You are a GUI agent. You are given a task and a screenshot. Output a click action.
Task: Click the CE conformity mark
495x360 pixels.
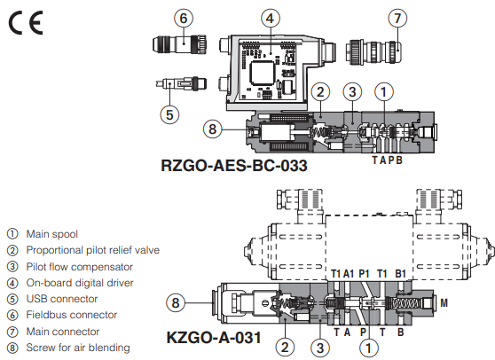[27, 22]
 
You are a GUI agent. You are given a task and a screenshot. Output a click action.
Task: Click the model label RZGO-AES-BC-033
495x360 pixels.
[232, 164]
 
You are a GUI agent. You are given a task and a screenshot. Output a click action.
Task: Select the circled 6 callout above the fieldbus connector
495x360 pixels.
[184, 17]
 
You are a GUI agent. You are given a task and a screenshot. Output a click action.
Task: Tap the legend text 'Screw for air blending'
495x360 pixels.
[77, 347]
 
